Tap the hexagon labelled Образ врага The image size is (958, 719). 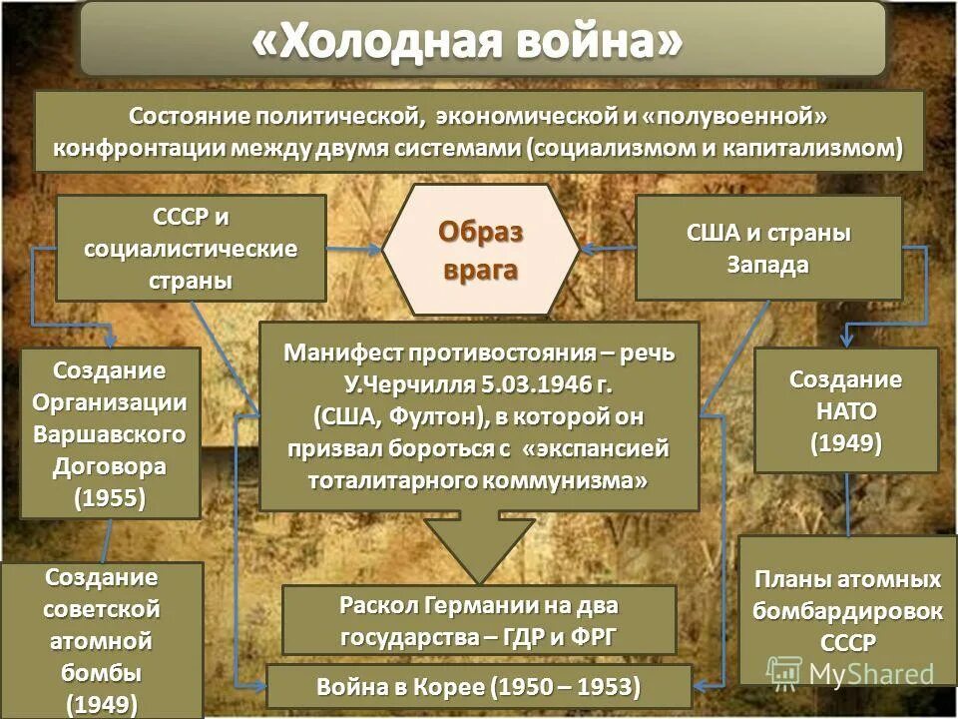[481, 250]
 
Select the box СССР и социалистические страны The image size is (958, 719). [191, 248]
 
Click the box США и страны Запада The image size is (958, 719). [768, 249]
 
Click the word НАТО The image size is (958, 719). [845, 410]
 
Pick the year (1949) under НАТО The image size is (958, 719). [845, 442]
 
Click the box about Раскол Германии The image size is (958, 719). [479, 620]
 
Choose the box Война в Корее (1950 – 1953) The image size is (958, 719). [479, 687]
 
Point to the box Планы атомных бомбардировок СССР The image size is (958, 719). [846, 610]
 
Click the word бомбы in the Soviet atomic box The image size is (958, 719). [101, 670]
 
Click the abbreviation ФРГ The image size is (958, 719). [592, 637]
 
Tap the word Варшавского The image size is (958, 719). [110, 434]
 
